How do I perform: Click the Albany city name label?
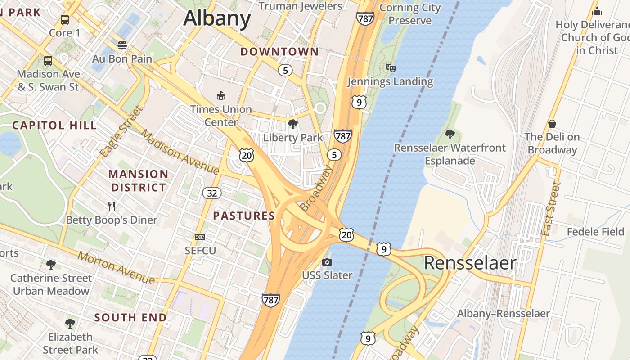217,18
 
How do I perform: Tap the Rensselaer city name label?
470,263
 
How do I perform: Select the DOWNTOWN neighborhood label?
279,52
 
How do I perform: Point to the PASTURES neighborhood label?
244,216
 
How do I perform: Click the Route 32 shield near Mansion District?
211,193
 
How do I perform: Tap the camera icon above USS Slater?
327,262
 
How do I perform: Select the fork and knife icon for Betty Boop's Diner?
112,207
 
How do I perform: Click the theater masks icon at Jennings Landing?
390,68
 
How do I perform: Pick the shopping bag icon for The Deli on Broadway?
552,123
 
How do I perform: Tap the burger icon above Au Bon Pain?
122,45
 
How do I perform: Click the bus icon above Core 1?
65,20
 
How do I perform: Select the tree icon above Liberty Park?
293,124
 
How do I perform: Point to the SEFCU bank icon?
200,237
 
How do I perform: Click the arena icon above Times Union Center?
221,95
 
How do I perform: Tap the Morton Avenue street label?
116,268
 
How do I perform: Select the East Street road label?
551,209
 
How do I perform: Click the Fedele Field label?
595,232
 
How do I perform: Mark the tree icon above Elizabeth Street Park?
70,323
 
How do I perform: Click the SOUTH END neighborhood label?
130,318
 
